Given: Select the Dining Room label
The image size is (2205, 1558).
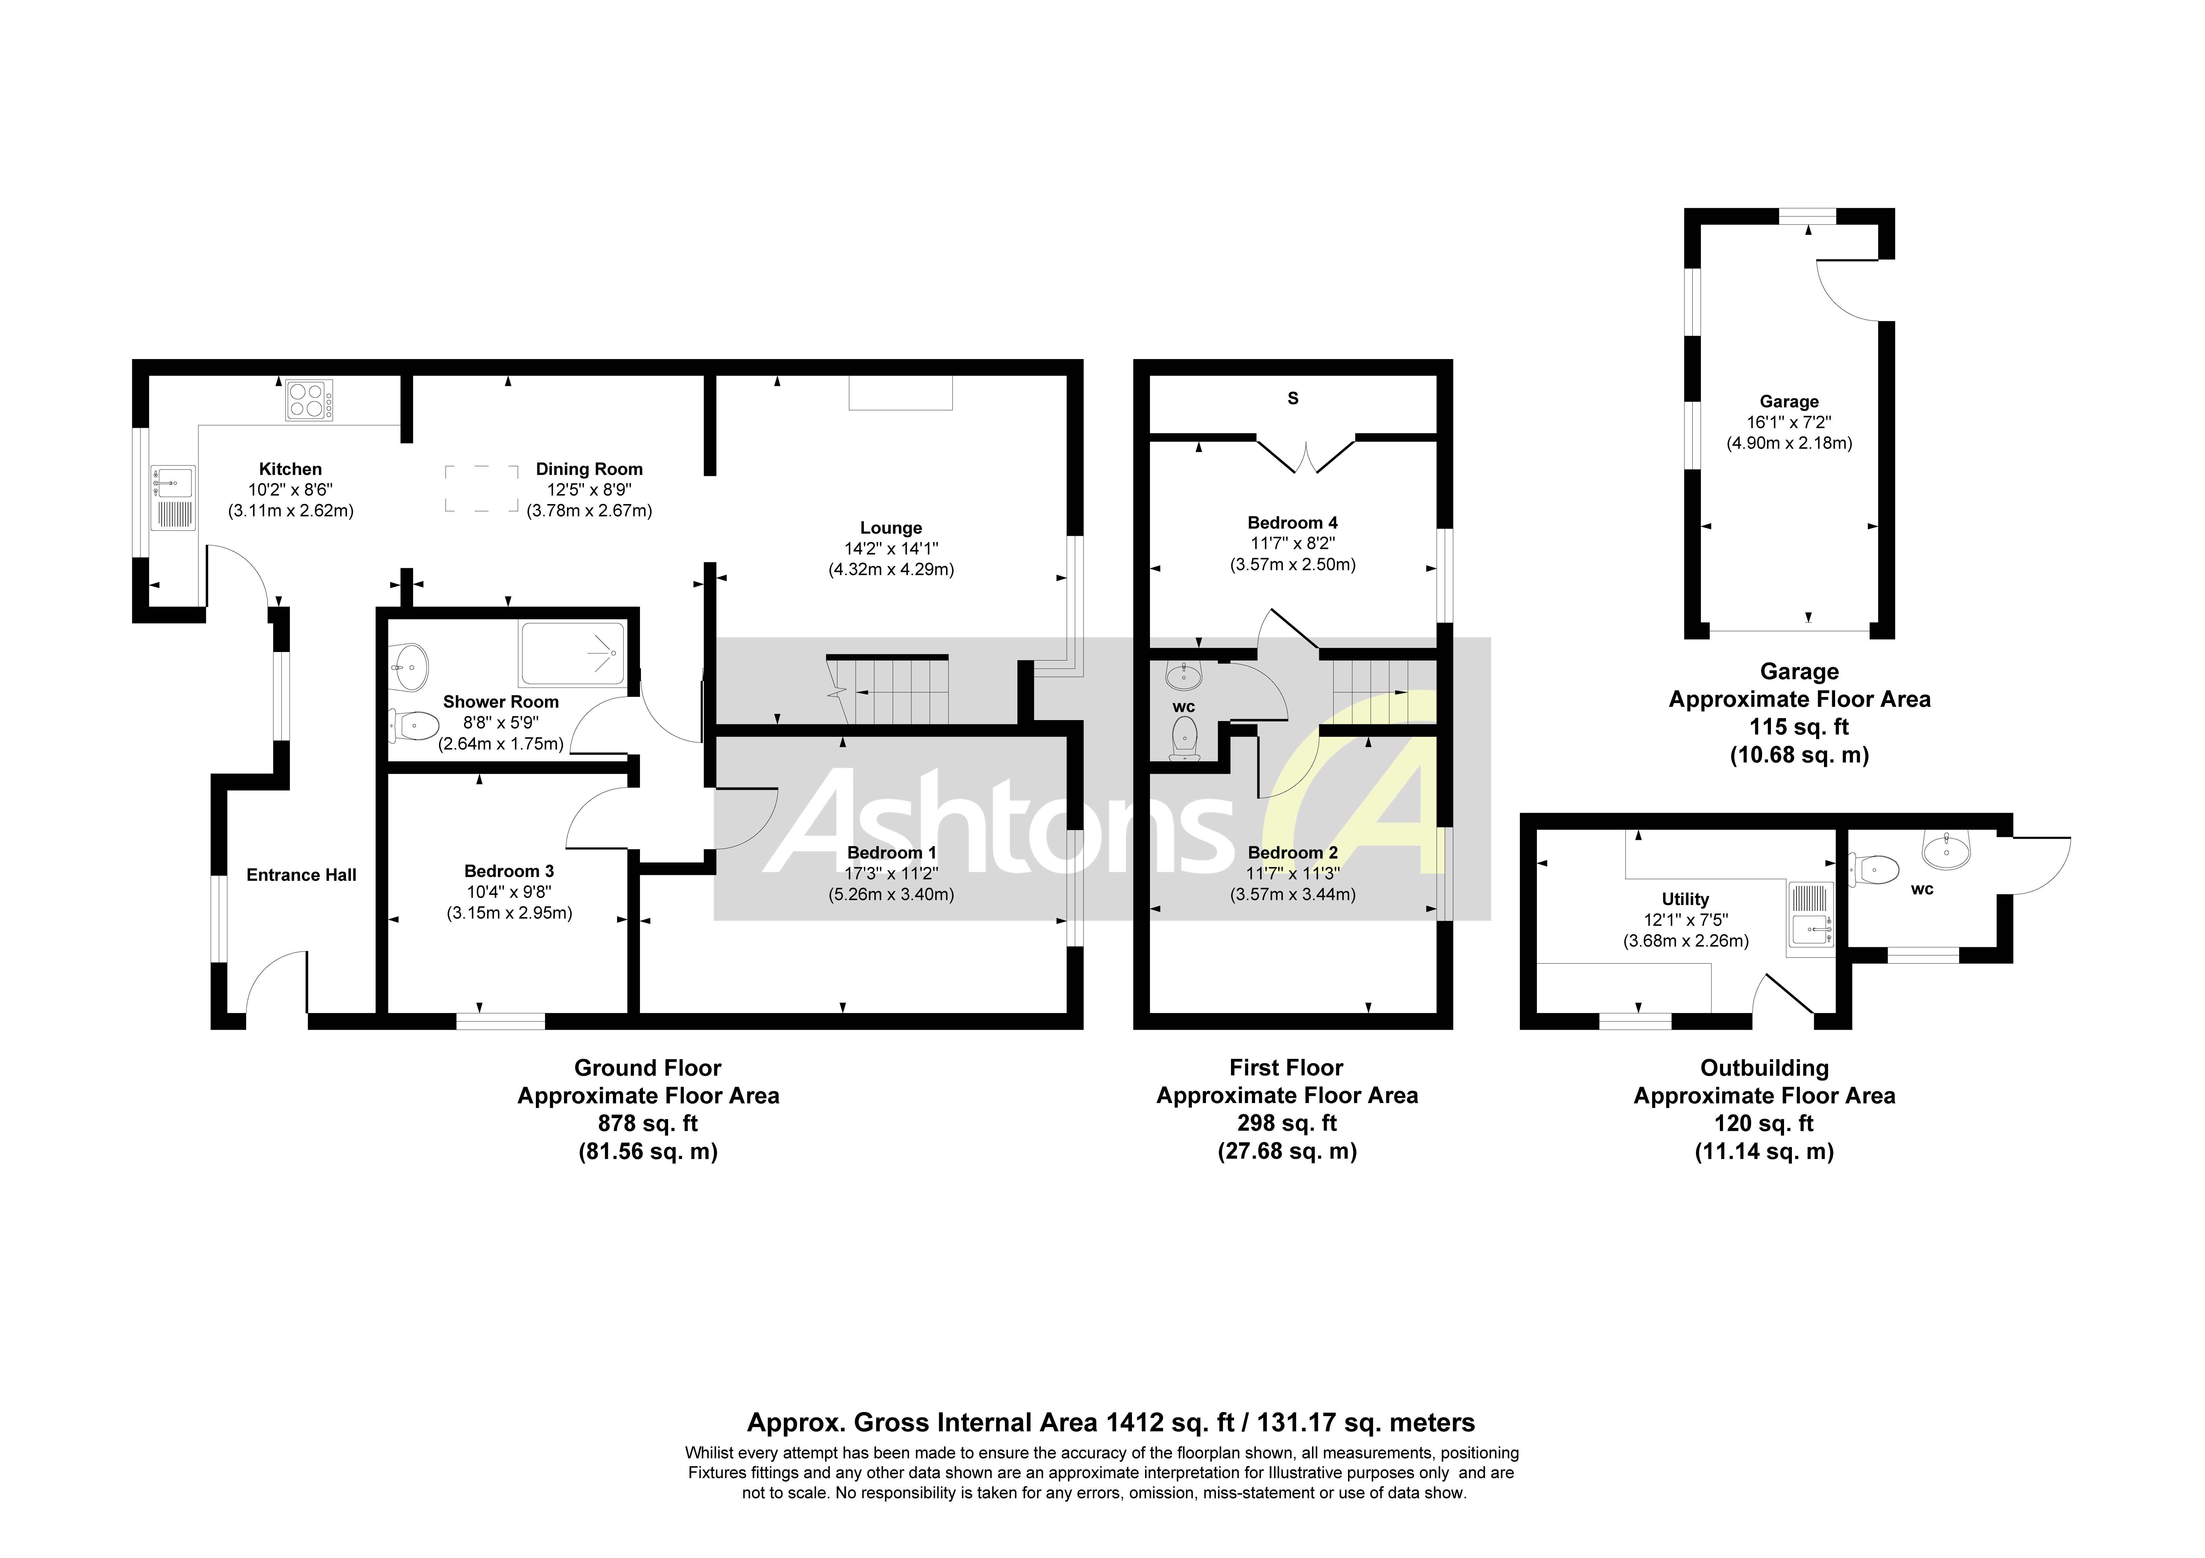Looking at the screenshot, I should coord(589,469).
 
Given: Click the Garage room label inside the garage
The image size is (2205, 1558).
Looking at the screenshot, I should coord(1788,402).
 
